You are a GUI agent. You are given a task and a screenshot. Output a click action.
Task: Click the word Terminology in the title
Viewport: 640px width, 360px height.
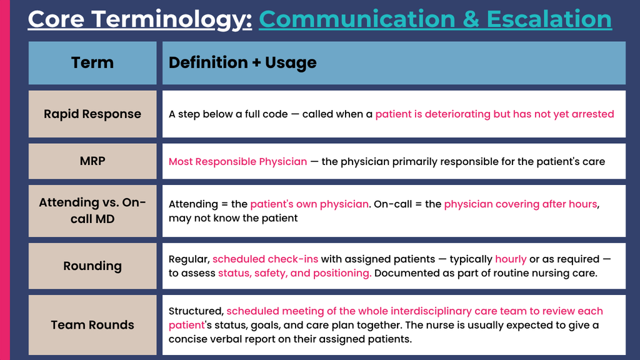[x=171, y=19]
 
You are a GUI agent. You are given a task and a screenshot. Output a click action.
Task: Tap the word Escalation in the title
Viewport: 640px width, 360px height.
[x=549, y=19]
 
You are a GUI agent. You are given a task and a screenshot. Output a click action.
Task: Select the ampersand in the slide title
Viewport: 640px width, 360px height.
[x=471, y=19]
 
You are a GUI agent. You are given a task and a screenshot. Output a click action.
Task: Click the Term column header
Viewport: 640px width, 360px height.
[x=92, y=63]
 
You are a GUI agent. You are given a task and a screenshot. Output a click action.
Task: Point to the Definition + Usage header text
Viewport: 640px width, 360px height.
[x=242, y=62]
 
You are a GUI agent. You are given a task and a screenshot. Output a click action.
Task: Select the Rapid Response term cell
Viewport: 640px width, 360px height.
[x=92, y=114]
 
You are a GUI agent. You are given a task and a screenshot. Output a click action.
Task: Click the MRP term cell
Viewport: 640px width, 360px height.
[x=92, y=161]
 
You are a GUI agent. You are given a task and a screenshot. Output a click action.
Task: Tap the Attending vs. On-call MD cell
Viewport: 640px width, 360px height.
[x=92, y=211]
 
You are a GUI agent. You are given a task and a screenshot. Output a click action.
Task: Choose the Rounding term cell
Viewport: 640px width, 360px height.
[x=92, y=266]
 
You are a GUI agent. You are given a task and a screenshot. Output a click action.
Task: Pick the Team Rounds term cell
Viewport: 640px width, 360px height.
[x=92, y=325]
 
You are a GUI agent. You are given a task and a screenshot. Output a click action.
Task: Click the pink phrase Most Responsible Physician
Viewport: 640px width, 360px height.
[x=237, y=162]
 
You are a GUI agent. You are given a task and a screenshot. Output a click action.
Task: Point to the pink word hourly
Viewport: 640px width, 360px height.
[x=511, y=259]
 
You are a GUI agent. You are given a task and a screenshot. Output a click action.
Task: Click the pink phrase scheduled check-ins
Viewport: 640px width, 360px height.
[x=265, y=259]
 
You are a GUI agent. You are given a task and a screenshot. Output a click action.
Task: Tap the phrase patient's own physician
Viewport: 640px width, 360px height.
[x=309, y=204]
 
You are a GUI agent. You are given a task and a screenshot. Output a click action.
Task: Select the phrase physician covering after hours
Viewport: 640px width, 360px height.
[x=521, y=204]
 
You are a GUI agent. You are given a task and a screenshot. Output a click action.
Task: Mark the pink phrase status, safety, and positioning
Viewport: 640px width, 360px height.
[x=295, y=273]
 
